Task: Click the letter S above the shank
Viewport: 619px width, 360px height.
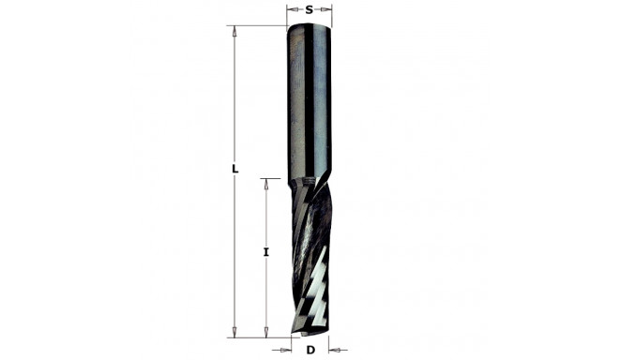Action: (309, 10)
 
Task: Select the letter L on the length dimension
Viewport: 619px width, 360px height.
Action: (235, 170)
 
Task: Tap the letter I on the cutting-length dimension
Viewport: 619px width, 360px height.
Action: (266, 252)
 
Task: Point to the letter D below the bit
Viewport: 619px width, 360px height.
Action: (309, 350)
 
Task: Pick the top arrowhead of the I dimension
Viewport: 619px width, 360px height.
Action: (266, 184)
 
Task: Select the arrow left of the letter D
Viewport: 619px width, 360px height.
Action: (290, 350)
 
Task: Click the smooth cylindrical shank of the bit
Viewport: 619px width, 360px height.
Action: (309, 103)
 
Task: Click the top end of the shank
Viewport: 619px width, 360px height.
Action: (309, 28)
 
